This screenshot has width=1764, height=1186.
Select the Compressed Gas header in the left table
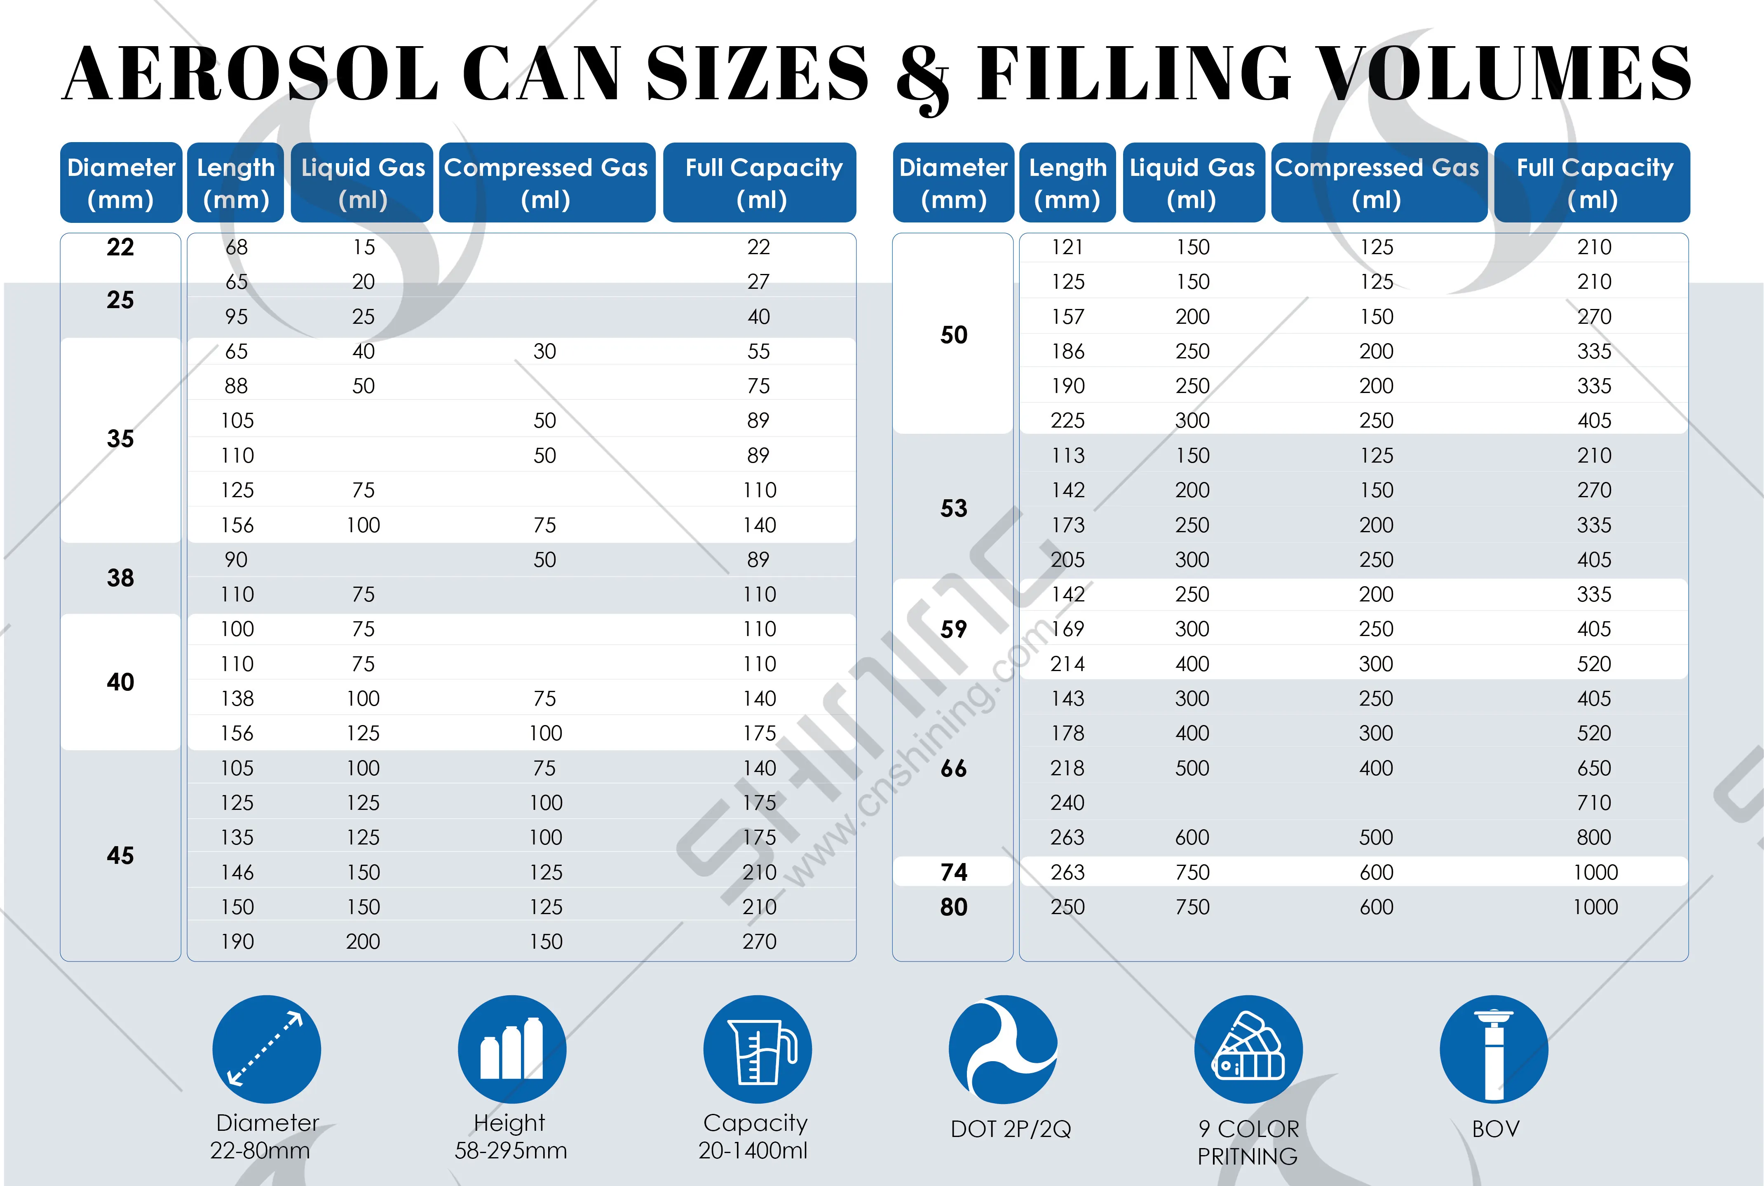(546, 183)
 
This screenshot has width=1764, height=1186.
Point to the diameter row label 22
(120, 247)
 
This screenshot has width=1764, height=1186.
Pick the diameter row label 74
(954, 872)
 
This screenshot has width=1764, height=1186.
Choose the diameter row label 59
(954, 629)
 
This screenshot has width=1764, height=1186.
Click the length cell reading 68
(236, 247)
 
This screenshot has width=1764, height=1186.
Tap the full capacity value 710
(1594, 802)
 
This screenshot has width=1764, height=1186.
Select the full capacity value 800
(1594, 837)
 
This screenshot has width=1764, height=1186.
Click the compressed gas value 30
(545, 351)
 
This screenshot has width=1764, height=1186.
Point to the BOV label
(1495, 1129)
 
